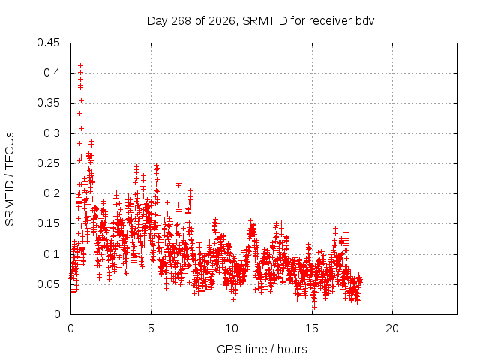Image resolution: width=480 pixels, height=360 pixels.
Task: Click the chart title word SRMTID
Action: coord(265,21)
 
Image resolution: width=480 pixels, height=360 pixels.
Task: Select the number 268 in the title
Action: coord(181,21)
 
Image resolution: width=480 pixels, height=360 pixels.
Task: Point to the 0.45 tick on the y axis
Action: coord(48,43)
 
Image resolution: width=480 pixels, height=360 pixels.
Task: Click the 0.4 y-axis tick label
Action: coord(52,73)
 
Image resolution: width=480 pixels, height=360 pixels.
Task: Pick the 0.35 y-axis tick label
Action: coord(48,103)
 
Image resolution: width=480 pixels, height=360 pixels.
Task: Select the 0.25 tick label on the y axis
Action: coord(48,163)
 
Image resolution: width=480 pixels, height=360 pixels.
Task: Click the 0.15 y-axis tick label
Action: coord(48,223)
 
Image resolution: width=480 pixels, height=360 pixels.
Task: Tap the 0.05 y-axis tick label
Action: coord(48,284)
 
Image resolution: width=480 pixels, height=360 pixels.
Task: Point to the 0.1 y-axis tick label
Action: coord(52,254)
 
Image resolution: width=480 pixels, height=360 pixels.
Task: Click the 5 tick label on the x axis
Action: coord(151,328)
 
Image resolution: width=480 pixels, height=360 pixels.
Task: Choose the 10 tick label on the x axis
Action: coord(232,328)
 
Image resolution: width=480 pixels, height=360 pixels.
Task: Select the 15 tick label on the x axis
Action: coord(312,328)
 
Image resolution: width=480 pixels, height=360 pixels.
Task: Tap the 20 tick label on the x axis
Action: coord(392,328)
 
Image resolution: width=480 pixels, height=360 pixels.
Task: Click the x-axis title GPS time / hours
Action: coord(262,349)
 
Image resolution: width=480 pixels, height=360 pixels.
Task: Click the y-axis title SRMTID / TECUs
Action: coord(10,179)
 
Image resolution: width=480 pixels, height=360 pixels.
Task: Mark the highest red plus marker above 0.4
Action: coord(80,65)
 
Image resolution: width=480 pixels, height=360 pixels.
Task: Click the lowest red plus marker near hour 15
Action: coord(314,306)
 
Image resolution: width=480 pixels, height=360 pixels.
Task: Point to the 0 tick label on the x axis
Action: coord(70,328)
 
